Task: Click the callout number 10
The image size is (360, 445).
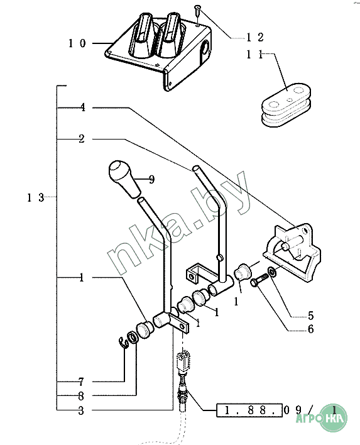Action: click(x=77, y=43)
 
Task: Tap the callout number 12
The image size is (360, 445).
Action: click(x=255, y=37)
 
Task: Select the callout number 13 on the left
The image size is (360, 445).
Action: click(x=36, y=197)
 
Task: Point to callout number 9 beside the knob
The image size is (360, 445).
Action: click(x=151, y=179)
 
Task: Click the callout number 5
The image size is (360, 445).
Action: click(x=310, y=316)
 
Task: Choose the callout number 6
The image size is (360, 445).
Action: click(x=310, y=329)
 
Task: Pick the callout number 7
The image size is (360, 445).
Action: click(x=81, y=382)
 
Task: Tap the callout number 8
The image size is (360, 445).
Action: click(x=81, y=395)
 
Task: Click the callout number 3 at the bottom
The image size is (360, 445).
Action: click(x=81, y=410)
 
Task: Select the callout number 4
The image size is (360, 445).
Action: click(x=82, y=107)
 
